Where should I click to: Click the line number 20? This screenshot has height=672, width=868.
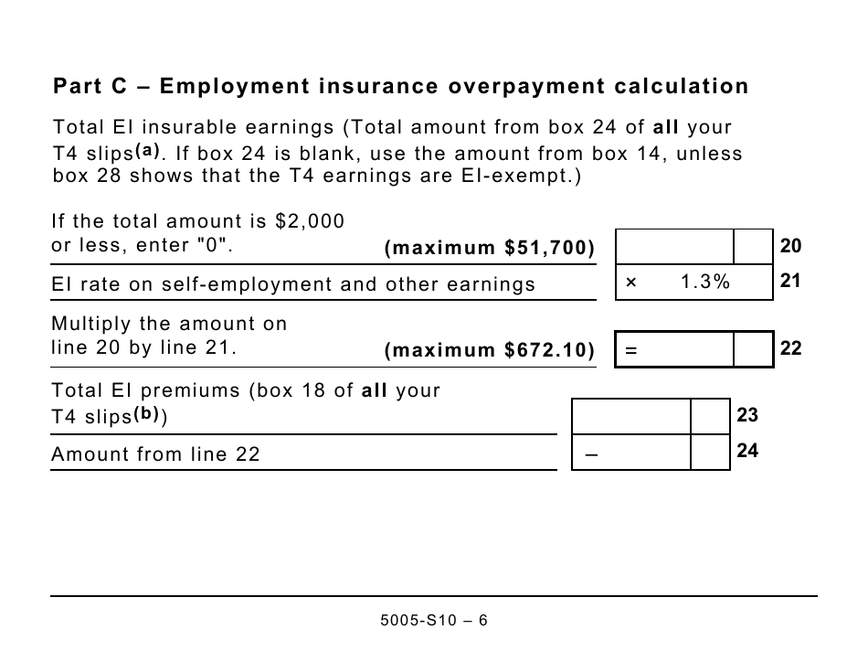790,246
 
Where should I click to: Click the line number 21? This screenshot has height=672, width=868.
790,282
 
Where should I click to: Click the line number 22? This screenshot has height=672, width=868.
790,348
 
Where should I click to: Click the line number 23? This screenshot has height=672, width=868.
747,415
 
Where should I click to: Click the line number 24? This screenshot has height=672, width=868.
747,451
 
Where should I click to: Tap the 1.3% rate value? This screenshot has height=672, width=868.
705,283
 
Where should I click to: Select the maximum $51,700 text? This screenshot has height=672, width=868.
490,249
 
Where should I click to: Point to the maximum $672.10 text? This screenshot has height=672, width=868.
490,351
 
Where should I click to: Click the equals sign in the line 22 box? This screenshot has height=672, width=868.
630,350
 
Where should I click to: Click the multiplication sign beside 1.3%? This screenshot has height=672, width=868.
630,283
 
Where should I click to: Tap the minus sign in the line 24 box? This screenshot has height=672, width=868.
590,454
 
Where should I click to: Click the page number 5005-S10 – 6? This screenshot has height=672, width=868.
434,621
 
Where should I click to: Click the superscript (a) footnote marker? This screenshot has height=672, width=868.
147,150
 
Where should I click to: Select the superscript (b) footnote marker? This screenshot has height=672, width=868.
147,413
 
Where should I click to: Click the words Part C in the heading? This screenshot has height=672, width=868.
90,87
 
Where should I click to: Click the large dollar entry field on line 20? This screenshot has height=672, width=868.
675,246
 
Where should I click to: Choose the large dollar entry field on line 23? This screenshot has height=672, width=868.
631,416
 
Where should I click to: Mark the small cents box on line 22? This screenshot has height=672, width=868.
753,349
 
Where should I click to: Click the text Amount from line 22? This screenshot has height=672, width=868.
156,454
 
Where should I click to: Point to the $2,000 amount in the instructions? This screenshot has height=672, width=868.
310,221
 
